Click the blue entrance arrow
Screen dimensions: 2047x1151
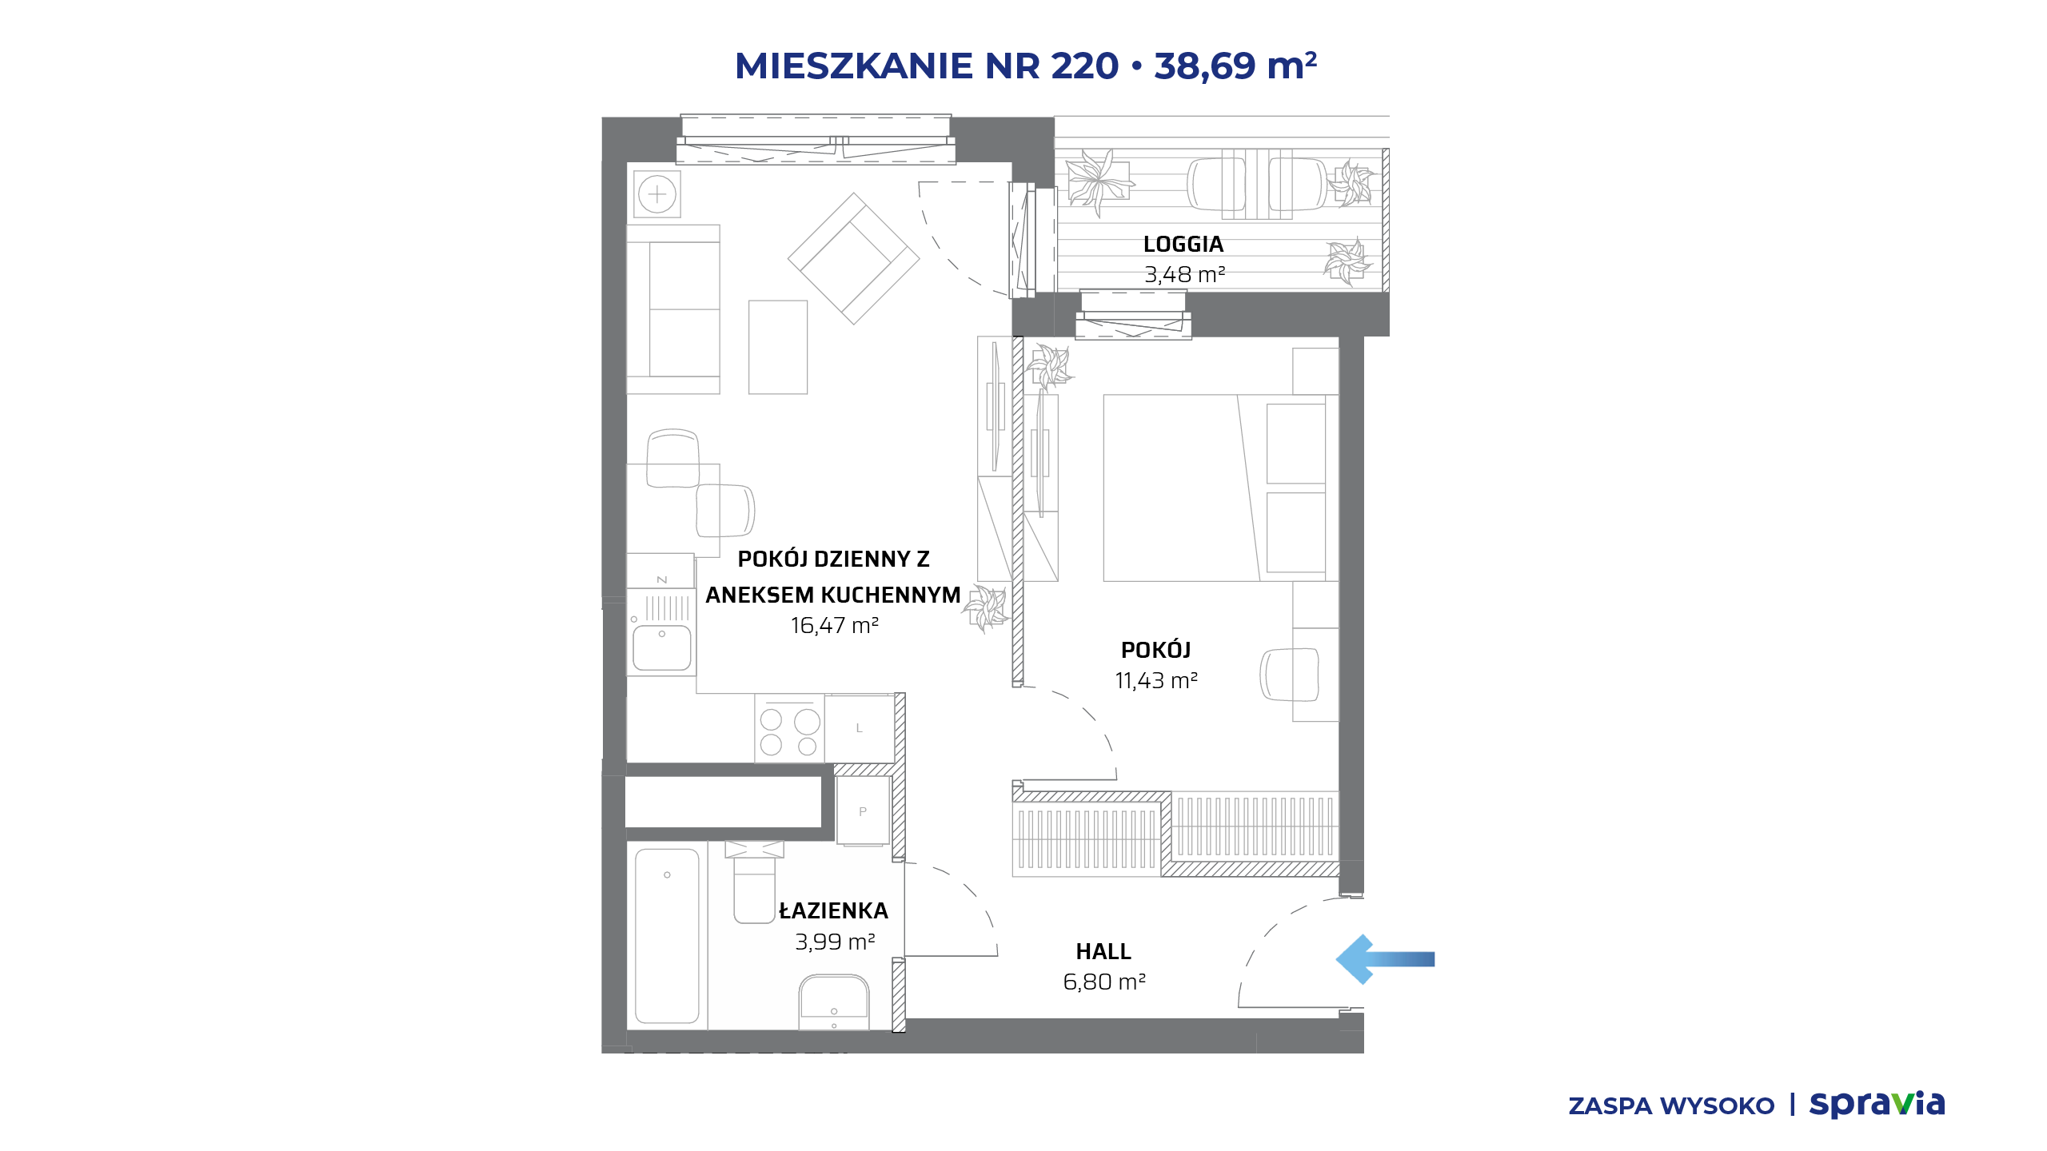1385,959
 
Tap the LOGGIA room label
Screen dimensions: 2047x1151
1183,244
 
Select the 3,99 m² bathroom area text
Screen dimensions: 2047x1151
835,942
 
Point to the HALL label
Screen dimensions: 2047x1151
1103,951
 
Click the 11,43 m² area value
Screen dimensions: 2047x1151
1156,680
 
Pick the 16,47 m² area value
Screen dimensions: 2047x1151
835,625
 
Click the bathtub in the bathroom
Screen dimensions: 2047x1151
667,936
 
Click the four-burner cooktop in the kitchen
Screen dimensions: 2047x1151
789,728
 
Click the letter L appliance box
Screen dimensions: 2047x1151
860,728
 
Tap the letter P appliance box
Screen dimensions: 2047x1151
863,810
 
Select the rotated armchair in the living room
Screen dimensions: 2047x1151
854,258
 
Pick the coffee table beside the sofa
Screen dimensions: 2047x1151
778,347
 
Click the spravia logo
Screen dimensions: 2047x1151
1877,1104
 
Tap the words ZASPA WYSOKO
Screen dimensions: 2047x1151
1671,1106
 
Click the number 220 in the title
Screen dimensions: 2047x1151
1084,66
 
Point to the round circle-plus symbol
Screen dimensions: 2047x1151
657,194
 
